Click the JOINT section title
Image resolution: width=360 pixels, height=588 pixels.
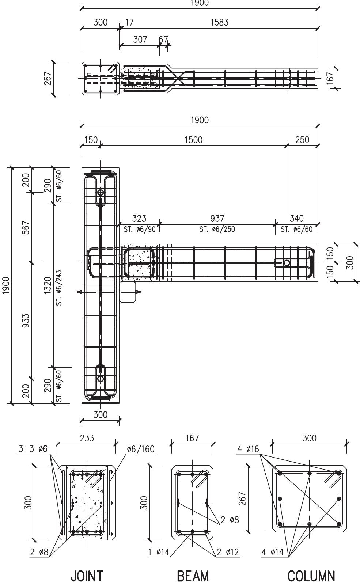[87, 576]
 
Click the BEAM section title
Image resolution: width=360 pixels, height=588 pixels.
[193, 576]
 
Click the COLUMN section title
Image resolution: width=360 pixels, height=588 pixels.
[311, 576]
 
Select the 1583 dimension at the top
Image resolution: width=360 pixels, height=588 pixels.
[219, 22]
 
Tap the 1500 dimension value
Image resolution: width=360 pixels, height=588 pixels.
[193, 140]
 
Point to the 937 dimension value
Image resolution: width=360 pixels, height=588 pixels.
[217, 219]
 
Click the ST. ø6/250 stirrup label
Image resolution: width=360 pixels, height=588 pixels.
[217, 229]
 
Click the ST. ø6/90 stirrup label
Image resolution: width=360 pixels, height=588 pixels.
[139, 229]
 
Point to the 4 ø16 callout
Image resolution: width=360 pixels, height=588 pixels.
[247, 449]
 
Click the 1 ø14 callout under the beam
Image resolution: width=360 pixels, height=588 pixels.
[159, 552]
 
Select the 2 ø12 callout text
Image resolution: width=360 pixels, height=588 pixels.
[228, 552]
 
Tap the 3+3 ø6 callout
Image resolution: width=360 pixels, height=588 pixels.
[33, 449]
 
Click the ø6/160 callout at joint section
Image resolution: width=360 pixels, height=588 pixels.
[141, 449]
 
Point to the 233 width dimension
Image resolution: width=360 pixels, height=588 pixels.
[87, 438]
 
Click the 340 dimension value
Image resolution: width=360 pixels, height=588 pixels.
[296, 219]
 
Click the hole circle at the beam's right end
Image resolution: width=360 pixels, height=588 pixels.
[287, 263]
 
